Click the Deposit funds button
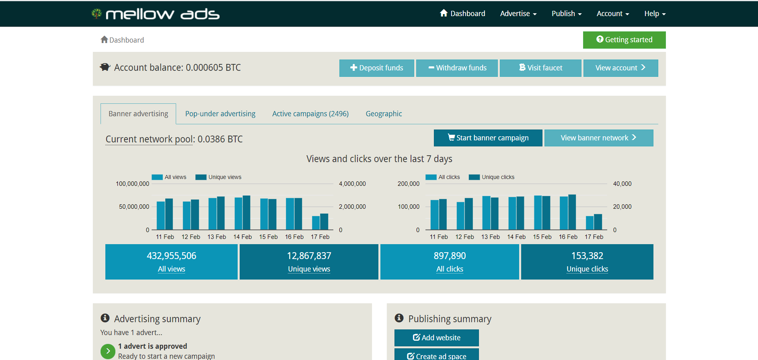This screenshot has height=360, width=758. point(376,68)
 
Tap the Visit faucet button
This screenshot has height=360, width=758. point(540,68)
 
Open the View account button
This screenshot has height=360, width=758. point(620,68)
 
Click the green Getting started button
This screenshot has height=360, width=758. point(624,40)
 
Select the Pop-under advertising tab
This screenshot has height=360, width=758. point(220,114)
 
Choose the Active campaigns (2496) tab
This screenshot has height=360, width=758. point(310,114)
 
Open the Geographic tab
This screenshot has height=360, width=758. point(384,114)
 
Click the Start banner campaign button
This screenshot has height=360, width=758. point(488,138)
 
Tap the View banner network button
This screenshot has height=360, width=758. point(599,138)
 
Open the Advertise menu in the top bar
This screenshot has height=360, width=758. point(518,14)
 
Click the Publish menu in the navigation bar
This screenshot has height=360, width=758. point(567,14)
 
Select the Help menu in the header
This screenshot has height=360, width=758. point(655,14)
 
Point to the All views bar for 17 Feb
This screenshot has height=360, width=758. point(316,223)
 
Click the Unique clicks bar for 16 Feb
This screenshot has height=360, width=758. point(572,212)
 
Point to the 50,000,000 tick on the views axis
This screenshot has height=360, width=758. point(134,207)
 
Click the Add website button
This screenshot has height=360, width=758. point(436,338)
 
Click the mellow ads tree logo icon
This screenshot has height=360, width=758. point(97,14)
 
